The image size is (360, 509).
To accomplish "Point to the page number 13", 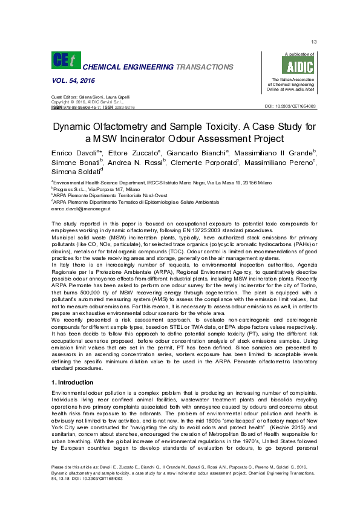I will click(313, 42).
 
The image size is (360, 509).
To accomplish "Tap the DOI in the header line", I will click(287, 107).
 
